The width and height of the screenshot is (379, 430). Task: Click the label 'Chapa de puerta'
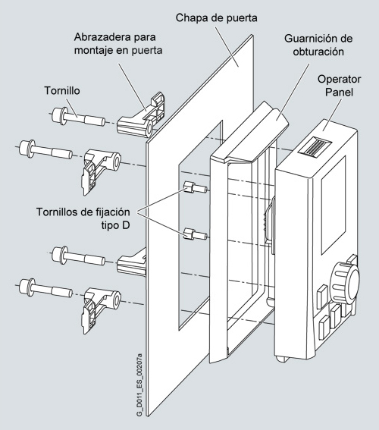pyautogui.click(x=217, y=18)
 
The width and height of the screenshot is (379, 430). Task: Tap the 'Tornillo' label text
pyautogui.click(x=62, y=90)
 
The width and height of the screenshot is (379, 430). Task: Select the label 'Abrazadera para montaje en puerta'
pyautogui.click(x=118, y=43)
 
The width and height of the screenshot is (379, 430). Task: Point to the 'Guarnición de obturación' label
pyautogui.click(x=318, y=45)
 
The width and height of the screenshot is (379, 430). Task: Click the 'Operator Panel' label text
pyautogui.click(x=339, y=86)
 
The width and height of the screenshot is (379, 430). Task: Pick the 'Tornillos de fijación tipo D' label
pyautogui.click(x=83, y=218)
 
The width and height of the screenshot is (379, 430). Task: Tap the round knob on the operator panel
pyautogui.click(x=344, y=283)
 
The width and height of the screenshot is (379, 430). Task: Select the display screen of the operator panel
pyautogui.click(x=334, y=204)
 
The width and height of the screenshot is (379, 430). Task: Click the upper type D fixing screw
pyautogui.click(x=195, y=188)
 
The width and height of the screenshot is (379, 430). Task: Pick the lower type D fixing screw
pyautogui.click(x=195, y=234)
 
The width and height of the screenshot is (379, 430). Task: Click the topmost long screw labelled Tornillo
pyautogui.click(x=78, y=117)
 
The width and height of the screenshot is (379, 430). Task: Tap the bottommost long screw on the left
pyautogui.click(x=45, y=288)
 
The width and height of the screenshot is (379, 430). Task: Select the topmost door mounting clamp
pyautogui.click(x=141, y=115)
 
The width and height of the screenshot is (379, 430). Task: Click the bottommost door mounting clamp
pyautogui.click(x=101, y=310)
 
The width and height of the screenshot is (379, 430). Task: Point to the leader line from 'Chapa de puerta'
pyautogui.click(x=227, y=46)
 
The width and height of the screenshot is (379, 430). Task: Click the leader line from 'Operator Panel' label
pyautogui.click(x=332, y=115)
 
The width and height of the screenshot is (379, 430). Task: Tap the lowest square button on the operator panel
pyautogui.click(x=324, y=327)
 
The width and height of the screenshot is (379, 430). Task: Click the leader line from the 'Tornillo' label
pyautogui.click(x=72, y=108)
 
